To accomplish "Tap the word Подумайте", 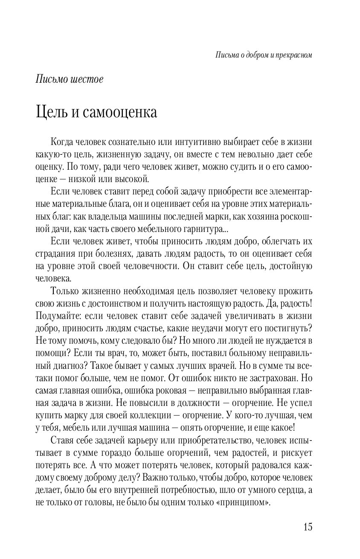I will tap(55, 316).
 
